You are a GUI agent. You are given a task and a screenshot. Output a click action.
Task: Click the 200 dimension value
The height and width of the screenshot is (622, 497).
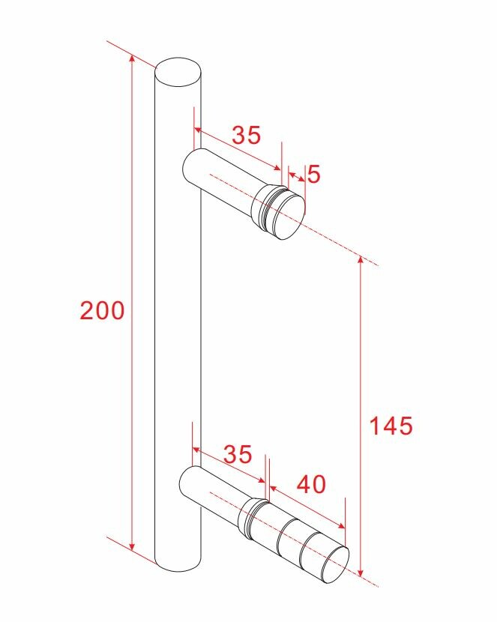[x=103, y=310]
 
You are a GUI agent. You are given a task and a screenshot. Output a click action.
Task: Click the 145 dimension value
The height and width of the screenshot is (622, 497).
[x=391, y=426]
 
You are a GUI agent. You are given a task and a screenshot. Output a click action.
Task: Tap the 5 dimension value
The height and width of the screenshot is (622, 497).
[x=313, y=175]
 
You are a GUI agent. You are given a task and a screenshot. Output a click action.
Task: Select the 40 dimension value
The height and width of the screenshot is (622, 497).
[x=312, y=485]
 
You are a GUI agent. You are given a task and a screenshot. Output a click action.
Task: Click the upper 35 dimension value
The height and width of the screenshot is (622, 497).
[x=246, y=135]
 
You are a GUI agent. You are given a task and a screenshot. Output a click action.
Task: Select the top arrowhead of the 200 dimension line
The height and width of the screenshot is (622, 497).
[x=133, y=59]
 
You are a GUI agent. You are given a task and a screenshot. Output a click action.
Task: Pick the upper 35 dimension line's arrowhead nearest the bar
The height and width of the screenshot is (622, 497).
[x=197, y=130]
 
